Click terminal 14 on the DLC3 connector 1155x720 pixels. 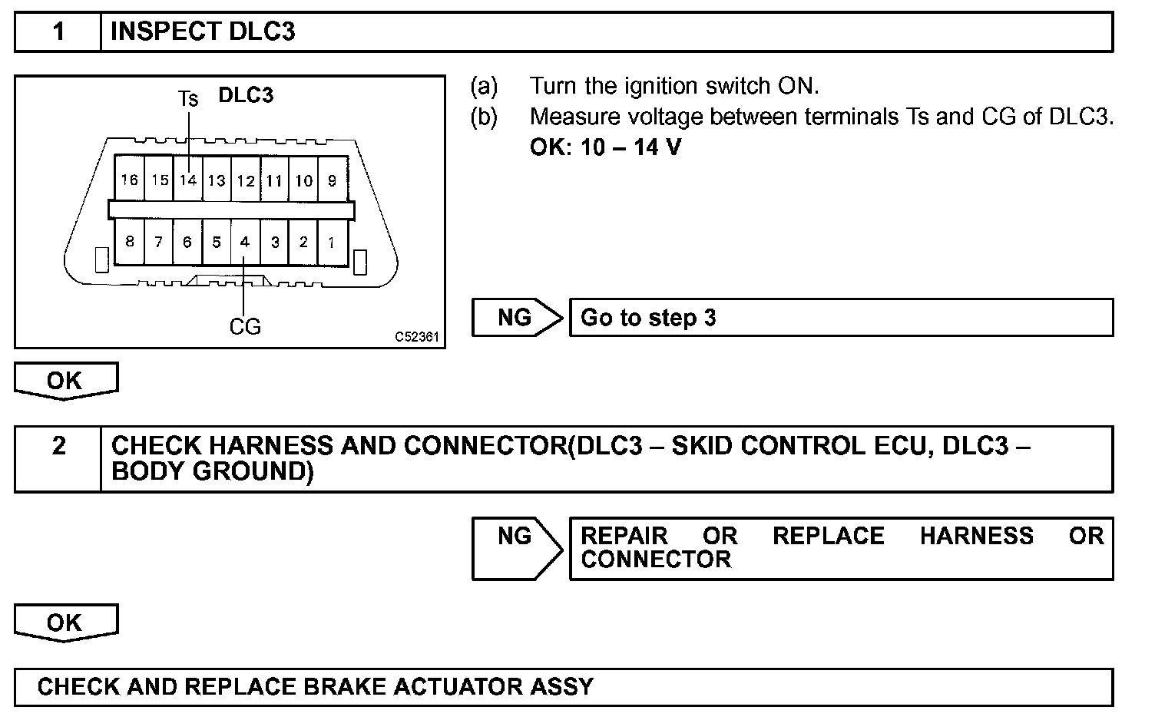(x=188, y=180)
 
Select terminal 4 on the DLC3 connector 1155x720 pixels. (x=245, y=242)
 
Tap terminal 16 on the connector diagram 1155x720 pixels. (x=130, y=180)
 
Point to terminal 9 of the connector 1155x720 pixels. (x=332, y=180)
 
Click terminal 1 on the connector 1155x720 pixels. (x=331, y=242)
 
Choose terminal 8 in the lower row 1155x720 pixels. (x=130, y=242)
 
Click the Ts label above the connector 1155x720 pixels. (x=188, y=98)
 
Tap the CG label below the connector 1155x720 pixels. (x=245, y=327)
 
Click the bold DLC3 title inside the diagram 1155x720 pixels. (x=246, y=95)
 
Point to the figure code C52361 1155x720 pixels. (x=417, y=337)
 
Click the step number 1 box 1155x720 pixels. (x=58, y=32)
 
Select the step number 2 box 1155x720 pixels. (x=58, y=446)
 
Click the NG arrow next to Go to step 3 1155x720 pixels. (x=516, y=317)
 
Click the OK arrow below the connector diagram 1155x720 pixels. (x=65, y=381)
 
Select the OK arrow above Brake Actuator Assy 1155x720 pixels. (x=65, y=623)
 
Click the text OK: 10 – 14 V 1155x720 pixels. (x=605, y=147)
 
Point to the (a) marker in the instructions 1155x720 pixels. (x=484, y=86)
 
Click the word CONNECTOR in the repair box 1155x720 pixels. (x=656, y=560)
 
